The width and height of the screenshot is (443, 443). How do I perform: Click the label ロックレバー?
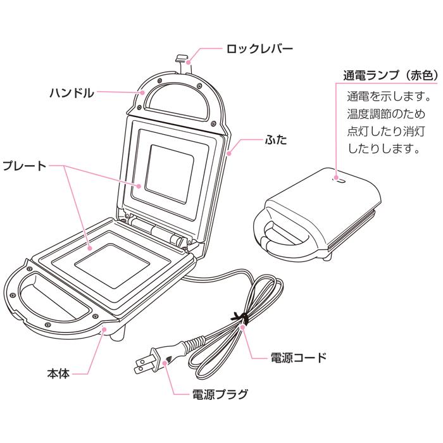click(x=259, y=49)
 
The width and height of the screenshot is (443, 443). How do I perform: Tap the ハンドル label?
click(x=72, y=93)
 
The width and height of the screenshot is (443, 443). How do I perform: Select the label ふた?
click(x=276, y=140)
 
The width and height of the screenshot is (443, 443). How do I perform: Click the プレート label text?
click(x=24, y=166)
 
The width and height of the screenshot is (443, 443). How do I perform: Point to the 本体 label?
click(x=58, y=374)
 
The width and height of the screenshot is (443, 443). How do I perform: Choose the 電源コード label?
click(x=299, y=358)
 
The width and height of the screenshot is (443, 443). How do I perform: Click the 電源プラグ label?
click(x=220, y=394)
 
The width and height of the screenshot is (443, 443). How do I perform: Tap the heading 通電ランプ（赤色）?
click(x=391, y=76)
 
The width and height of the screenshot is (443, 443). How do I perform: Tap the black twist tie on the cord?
click(x=240, y=319)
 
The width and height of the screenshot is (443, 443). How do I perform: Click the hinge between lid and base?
click(x=156, y=230)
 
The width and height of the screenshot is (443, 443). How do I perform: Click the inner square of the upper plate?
click(x=170, y=174)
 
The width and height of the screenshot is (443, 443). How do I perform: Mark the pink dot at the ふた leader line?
click(x=229, y=153)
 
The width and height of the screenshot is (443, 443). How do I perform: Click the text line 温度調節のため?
click(x=386, y=114)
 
